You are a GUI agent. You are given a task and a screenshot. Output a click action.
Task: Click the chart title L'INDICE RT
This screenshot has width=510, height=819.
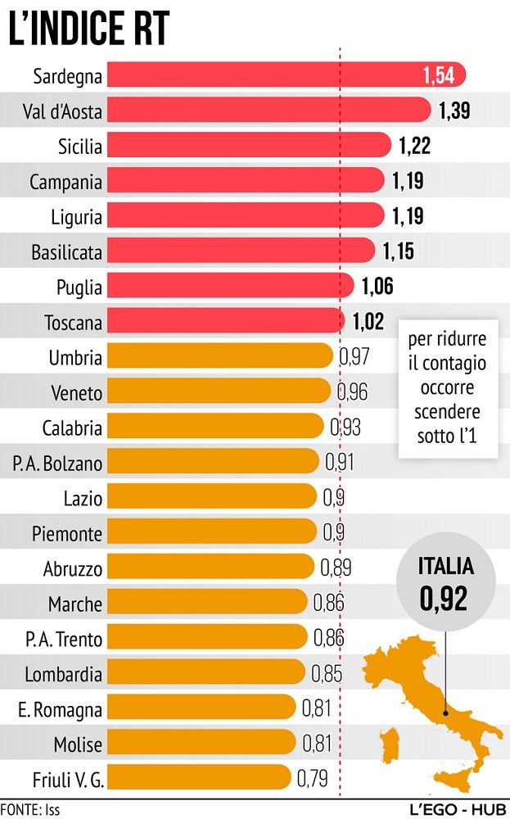(x=88, y=30)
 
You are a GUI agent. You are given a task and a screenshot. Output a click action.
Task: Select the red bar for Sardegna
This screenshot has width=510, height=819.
(x=278, y=75)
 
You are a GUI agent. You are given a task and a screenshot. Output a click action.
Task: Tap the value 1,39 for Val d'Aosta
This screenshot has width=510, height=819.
(x=454, y=111)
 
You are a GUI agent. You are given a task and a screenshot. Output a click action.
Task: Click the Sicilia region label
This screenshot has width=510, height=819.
(x=80, y=147)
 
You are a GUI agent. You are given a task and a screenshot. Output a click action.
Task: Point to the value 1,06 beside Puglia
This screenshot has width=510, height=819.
(x=377, y=287)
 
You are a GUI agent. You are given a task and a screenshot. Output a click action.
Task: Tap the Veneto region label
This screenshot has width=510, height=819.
(x=76, y=393)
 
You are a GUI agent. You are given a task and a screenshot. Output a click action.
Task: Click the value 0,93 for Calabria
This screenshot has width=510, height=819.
(x=345, y=428)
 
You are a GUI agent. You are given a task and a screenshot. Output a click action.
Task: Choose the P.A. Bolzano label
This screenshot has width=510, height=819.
(x=57, y=464)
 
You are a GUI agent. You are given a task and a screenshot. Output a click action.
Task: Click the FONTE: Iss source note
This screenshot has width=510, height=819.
(x=30, y=809)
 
